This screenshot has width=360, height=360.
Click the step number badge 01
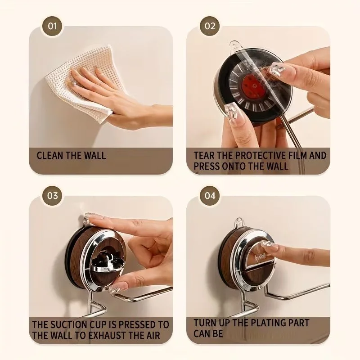pos(52,26)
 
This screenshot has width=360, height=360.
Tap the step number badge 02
pos(210,26)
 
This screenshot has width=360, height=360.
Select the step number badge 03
pos(52,196)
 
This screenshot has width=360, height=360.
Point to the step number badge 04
pos(210,196)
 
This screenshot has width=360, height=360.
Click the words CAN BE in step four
pos(208,333)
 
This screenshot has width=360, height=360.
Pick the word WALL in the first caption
pos(94,155)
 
